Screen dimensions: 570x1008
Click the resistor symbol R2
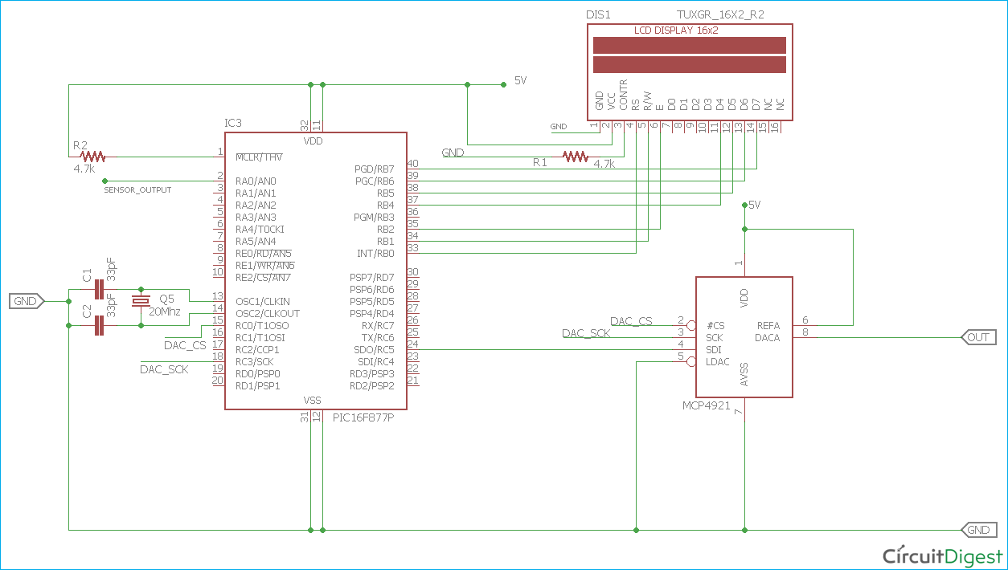click(93, 157)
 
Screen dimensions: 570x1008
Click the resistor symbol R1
click(576, 157)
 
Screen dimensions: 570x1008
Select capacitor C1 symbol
click(100, 289)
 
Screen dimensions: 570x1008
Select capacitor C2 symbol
click(100, 325)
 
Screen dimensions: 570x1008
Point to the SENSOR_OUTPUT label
click(137, 189)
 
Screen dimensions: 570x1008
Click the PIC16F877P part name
click(368, 418)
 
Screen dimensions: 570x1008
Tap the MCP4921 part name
click(707, 406)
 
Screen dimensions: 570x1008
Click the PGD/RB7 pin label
click(374, 169)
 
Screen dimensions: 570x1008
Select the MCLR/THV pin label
click(259, 157)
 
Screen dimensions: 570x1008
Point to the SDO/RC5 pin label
click(374, 350)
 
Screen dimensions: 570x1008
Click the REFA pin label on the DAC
click(768, 326)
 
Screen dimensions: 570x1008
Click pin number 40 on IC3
click(412, 163)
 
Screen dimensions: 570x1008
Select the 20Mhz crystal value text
click(165, 311)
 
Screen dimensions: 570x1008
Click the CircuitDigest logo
click(943, 556)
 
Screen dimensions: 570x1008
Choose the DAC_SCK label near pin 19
click(164, 369)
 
